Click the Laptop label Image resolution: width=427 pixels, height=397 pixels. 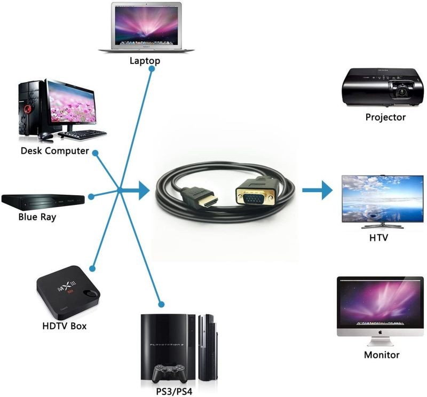pyautogui.click(x=145, y=60)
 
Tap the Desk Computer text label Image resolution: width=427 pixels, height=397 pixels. pyautogui.click(x=54, y=150)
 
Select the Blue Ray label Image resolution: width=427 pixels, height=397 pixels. pyautogui.click(x=37, y=217)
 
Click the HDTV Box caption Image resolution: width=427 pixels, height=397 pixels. pyautogui.click(x=64, y=325)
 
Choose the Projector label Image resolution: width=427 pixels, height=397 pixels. pyautogui.click(x=385, y=117)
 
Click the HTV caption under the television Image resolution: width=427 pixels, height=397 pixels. pyautogui.click(x=378, y=237)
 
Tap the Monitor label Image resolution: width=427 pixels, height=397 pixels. pyautogui.click(x=382, y=354)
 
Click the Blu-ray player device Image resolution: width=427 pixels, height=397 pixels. pyautogui.click(x=43, y=200)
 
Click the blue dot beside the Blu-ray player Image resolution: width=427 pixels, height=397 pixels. pyautogui.click(x=91, y=196)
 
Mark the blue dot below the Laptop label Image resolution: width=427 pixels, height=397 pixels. pyautogui.click(x=152, y=70)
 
